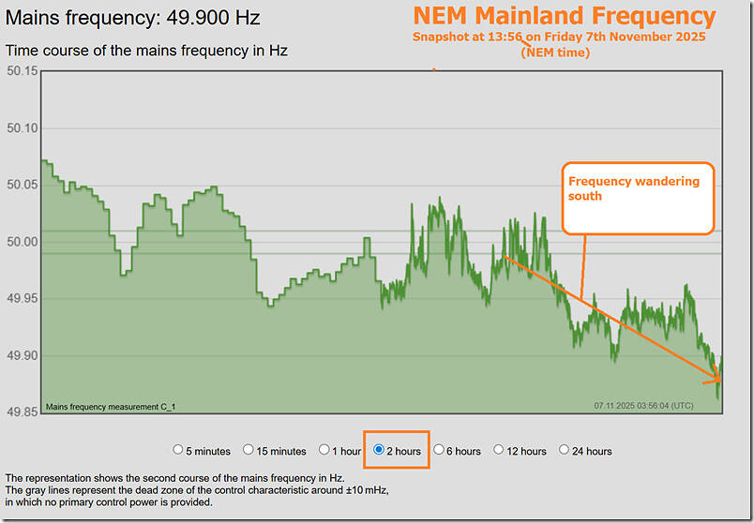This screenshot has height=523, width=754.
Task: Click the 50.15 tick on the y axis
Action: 22,71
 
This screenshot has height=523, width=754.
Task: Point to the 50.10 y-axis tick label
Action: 22,128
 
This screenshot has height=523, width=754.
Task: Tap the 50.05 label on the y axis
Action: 22,186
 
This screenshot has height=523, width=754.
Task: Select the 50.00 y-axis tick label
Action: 22,242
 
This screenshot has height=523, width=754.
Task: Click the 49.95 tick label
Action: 22,299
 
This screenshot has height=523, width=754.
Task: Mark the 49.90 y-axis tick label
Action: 22,356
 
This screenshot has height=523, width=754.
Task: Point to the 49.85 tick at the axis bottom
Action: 22,412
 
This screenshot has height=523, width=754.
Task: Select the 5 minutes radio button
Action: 178,450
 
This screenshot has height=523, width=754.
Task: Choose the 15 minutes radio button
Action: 249,450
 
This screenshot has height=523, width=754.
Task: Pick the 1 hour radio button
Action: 324,450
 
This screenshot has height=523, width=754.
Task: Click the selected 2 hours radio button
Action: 379,450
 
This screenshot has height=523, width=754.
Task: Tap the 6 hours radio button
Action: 439,450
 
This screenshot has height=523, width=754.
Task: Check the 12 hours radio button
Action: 499,450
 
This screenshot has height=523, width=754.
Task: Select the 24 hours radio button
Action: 564,450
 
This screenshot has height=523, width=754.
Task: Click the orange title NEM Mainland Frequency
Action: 564,16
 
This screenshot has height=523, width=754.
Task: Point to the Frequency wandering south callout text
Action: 633,188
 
